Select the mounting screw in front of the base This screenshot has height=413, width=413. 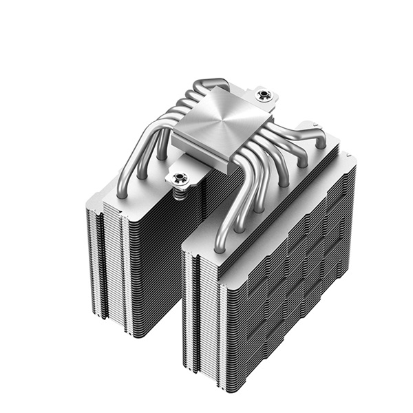click(180, 179)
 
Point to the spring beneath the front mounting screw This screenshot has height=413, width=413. click(180, 193)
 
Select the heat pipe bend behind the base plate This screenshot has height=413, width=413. click(206, 85)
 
